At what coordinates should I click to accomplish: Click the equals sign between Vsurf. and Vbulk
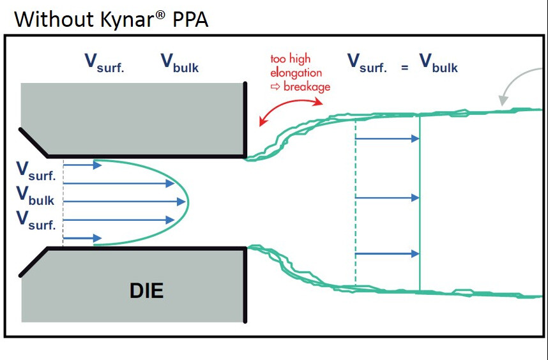[x=404, y=67]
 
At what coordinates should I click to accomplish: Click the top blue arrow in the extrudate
[x=386, y=138]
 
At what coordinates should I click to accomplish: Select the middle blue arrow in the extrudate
[x=386, y=198]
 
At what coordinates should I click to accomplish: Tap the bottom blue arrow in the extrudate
[x=386, y=254]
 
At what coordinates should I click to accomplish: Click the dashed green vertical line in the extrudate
[x=355, y=211]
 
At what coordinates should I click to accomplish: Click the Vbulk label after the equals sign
[x=438, y=63]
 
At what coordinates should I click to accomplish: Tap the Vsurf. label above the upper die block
[x=104, y=63]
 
